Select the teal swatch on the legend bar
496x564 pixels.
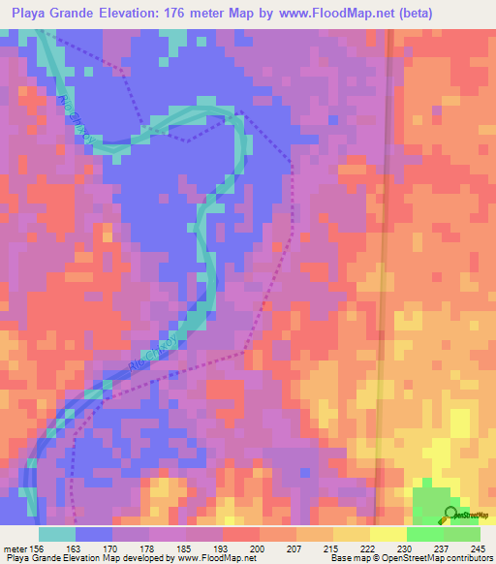click(57, 533)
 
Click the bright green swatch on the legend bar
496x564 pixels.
click(424, 533)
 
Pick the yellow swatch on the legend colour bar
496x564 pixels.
click(387, 533)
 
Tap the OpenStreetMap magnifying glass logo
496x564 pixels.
click(451, 514)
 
